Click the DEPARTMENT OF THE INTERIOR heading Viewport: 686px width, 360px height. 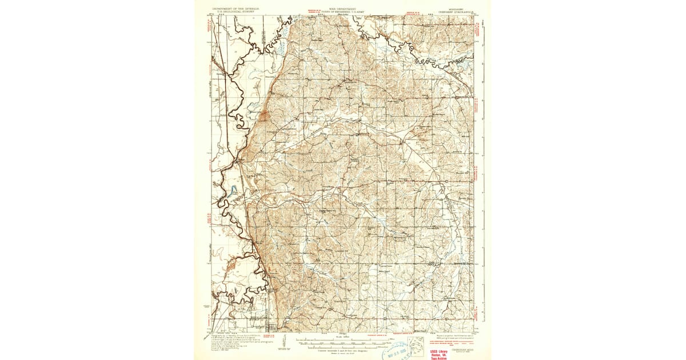click(236, 9)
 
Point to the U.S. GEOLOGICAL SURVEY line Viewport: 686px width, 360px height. click(236, 11)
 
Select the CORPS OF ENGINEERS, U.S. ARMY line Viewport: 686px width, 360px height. click(343, 11)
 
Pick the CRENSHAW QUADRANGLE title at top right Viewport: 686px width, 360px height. click(456, 11)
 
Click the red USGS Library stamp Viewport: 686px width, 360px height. click(439, 354)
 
